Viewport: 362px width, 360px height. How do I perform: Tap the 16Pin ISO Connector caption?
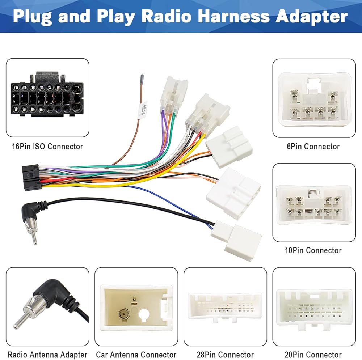pyautogui.click(x=47, y=147)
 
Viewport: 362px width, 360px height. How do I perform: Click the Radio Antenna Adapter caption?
pyautogui.click(x=47, y=355)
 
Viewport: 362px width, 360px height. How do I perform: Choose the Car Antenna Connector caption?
pyautogui.click(x=136, y=355)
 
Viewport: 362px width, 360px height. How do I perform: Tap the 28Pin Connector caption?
pyautogui.click(x=225, y=355)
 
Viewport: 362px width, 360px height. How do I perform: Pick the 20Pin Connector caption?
pyautogui.click(x=314, y=355)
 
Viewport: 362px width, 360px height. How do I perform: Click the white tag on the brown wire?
pyautogui.click(x=142, y=109)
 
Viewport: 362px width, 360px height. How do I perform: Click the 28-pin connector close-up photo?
pyautogui.click(x=225, y=306)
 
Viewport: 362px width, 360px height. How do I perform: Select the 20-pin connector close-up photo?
pyautogui.click(x=314, y=306)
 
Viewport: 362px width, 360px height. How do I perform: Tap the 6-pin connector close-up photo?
pyautogui.click(x=314, y=98)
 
